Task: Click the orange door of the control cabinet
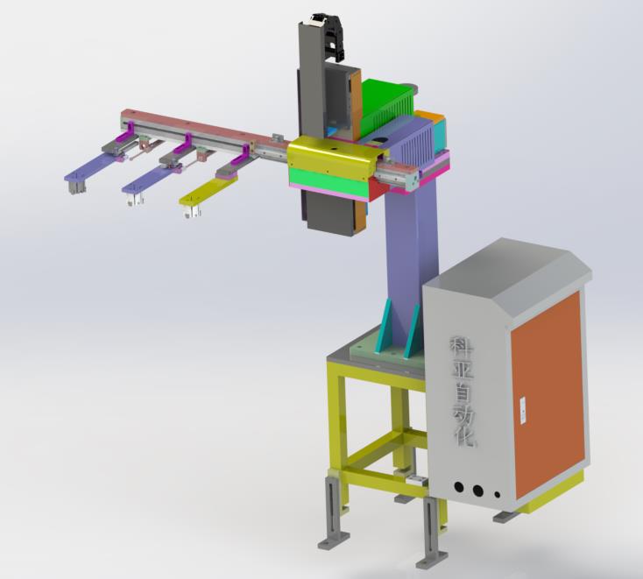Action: click(548, 394)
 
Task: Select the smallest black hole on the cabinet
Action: click(498, 495)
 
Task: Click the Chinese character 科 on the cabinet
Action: click(462, 349)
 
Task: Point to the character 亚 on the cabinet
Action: click(463, 372)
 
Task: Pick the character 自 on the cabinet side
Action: click(463, 393)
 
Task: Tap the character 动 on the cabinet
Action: click(464, 416)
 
